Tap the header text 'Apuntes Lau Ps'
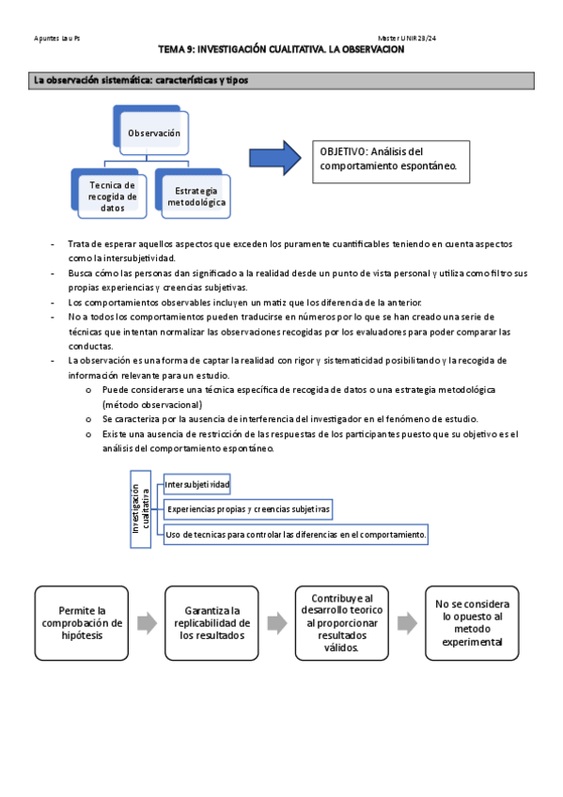[57, 38]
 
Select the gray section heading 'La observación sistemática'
[141, 81]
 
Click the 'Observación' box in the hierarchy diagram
[154, 133]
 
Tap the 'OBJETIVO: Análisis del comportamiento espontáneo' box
[389, 159]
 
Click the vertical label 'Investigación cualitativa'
[140, 508]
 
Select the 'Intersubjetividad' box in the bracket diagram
[196, 484]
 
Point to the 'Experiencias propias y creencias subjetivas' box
[248, 509]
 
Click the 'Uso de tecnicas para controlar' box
[296, 534]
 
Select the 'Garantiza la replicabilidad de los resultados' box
[211, 621]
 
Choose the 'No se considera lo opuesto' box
[471, 622]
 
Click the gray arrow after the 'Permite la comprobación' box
[146, 622]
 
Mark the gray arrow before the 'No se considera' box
[406, 622]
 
